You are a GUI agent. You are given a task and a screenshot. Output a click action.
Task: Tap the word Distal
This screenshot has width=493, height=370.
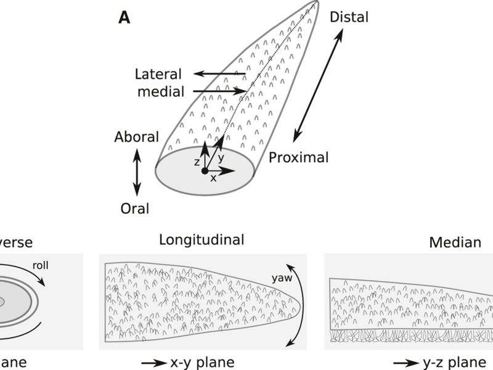tap(349, 17)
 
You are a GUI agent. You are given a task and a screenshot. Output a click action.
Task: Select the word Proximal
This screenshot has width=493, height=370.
tap(299, 157)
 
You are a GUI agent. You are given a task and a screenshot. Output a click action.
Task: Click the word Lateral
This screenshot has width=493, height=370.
tap(158, 75)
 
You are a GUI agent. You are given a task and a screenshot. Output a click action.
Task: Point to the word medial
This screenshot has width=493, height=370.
tap(160, 92)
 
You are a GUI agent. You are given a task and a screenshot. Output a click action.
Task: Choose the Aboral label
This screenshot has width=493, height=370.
tap(136, 136)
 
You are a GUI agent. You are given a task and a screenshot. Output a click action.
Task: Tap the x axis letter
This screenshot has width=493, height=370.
tap(214, 178)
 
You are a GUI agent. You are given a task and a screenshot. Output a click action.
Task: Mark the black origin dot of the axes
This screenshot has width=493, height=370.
tap(205, 171)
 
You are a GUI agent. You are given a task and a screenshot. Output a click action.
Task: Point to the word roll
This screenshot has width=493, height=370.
tap(42, 266)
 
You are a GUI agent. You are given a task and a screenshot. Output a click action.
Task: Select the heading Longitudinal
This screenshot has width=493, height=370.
tap(202, 239)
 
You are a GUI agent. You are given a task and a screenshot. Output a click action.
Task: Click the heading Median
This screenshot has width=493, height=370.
tap(455, 242)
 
